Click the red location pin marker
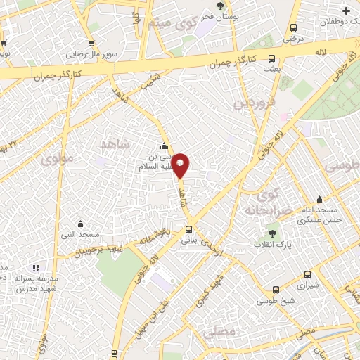click(181, 166)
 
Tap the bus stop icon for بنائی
click(188, 229)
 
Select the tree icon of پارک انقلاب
click(272, 233)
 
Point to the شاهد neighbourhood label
click(116, 144)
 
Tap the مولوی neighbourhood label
click(56, 158)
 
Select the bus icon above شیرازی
click(307, 275)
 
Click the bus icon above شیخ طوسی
click(276, 290)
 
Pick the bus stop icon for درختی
click(292, 28)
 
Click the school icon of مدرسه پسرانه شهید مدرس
click(36, 268)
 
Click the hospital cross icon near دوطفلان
click(345, 10)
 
